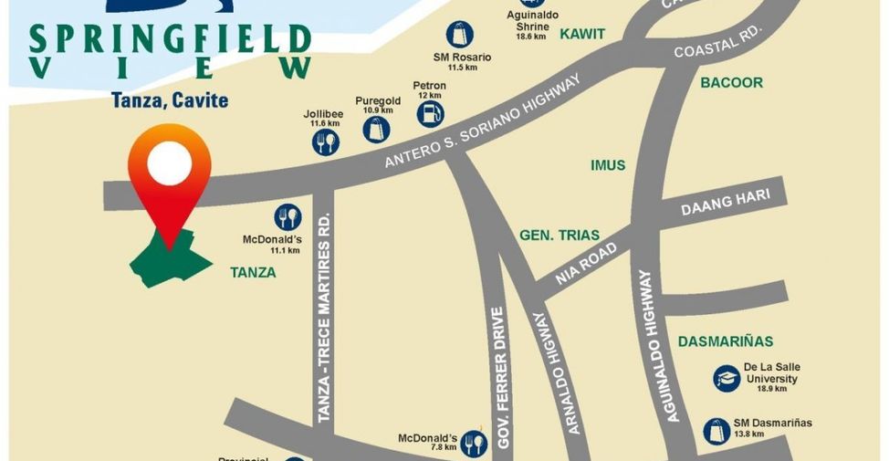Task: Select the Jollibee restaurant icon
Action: [326, 141]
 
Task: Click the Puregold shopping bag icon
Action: [376, 130]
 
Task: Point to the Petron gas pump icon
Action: [430, 114]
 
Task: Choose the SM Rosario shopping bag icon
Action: [460, 35]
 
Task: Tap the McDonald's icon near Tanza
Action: [288, 217]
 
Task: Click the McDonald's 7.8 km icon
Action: [474, 444]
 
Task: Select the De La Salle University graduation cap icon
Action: [727, 379]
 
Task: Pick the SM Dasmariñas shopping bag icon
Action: [717, 431]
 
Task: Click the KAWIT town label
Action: [582, 34]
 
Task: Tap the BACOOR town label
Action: [731, 83]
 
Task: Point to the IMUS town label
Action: [608, 165]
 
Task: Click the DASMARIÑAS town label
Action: [726, 341]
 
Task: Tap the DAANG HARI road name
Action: [726, 203]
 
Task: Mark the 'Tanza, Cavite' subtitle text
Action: [170, 100]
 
